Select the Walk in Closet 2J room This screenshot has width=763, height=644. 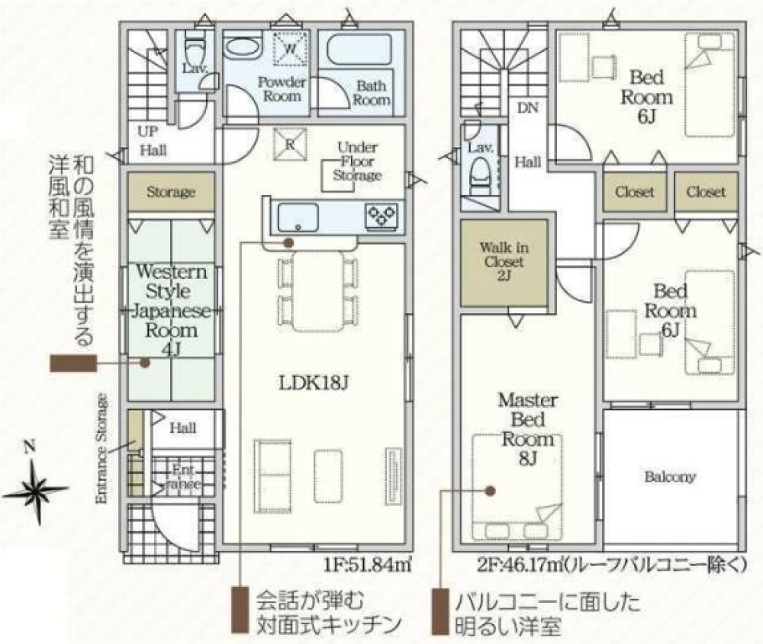coord(504,263)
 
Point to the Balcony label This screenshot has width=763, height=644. coord(669,477)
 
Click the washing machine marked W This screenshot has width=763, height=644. coord(291,49)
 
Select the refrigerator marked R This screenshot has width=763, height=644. coord(290,143)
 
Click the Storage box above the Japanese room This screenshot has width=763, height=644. coord(171,192)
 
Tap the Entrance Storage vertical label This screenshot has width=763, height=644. coord(101,450)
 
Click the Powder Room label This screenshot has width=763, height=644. coord(282,89)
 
